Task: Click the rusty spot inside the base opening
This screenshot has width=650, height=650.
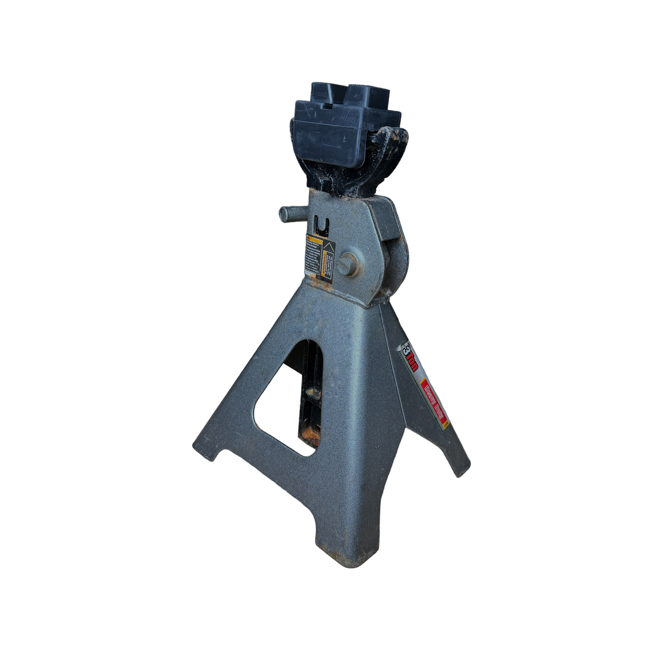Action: click(311, 434)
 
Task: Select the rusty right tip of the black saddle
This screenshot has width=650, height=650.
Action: click(399, 139)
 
